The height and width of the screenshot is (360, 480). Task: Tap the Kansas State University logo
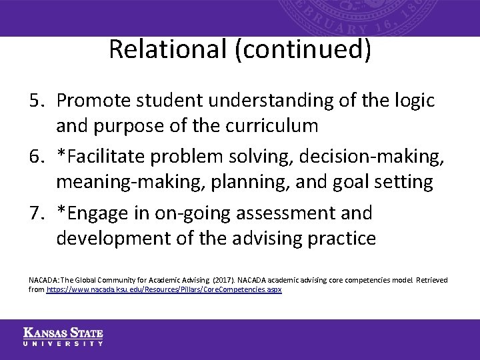tap(63, 337)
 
